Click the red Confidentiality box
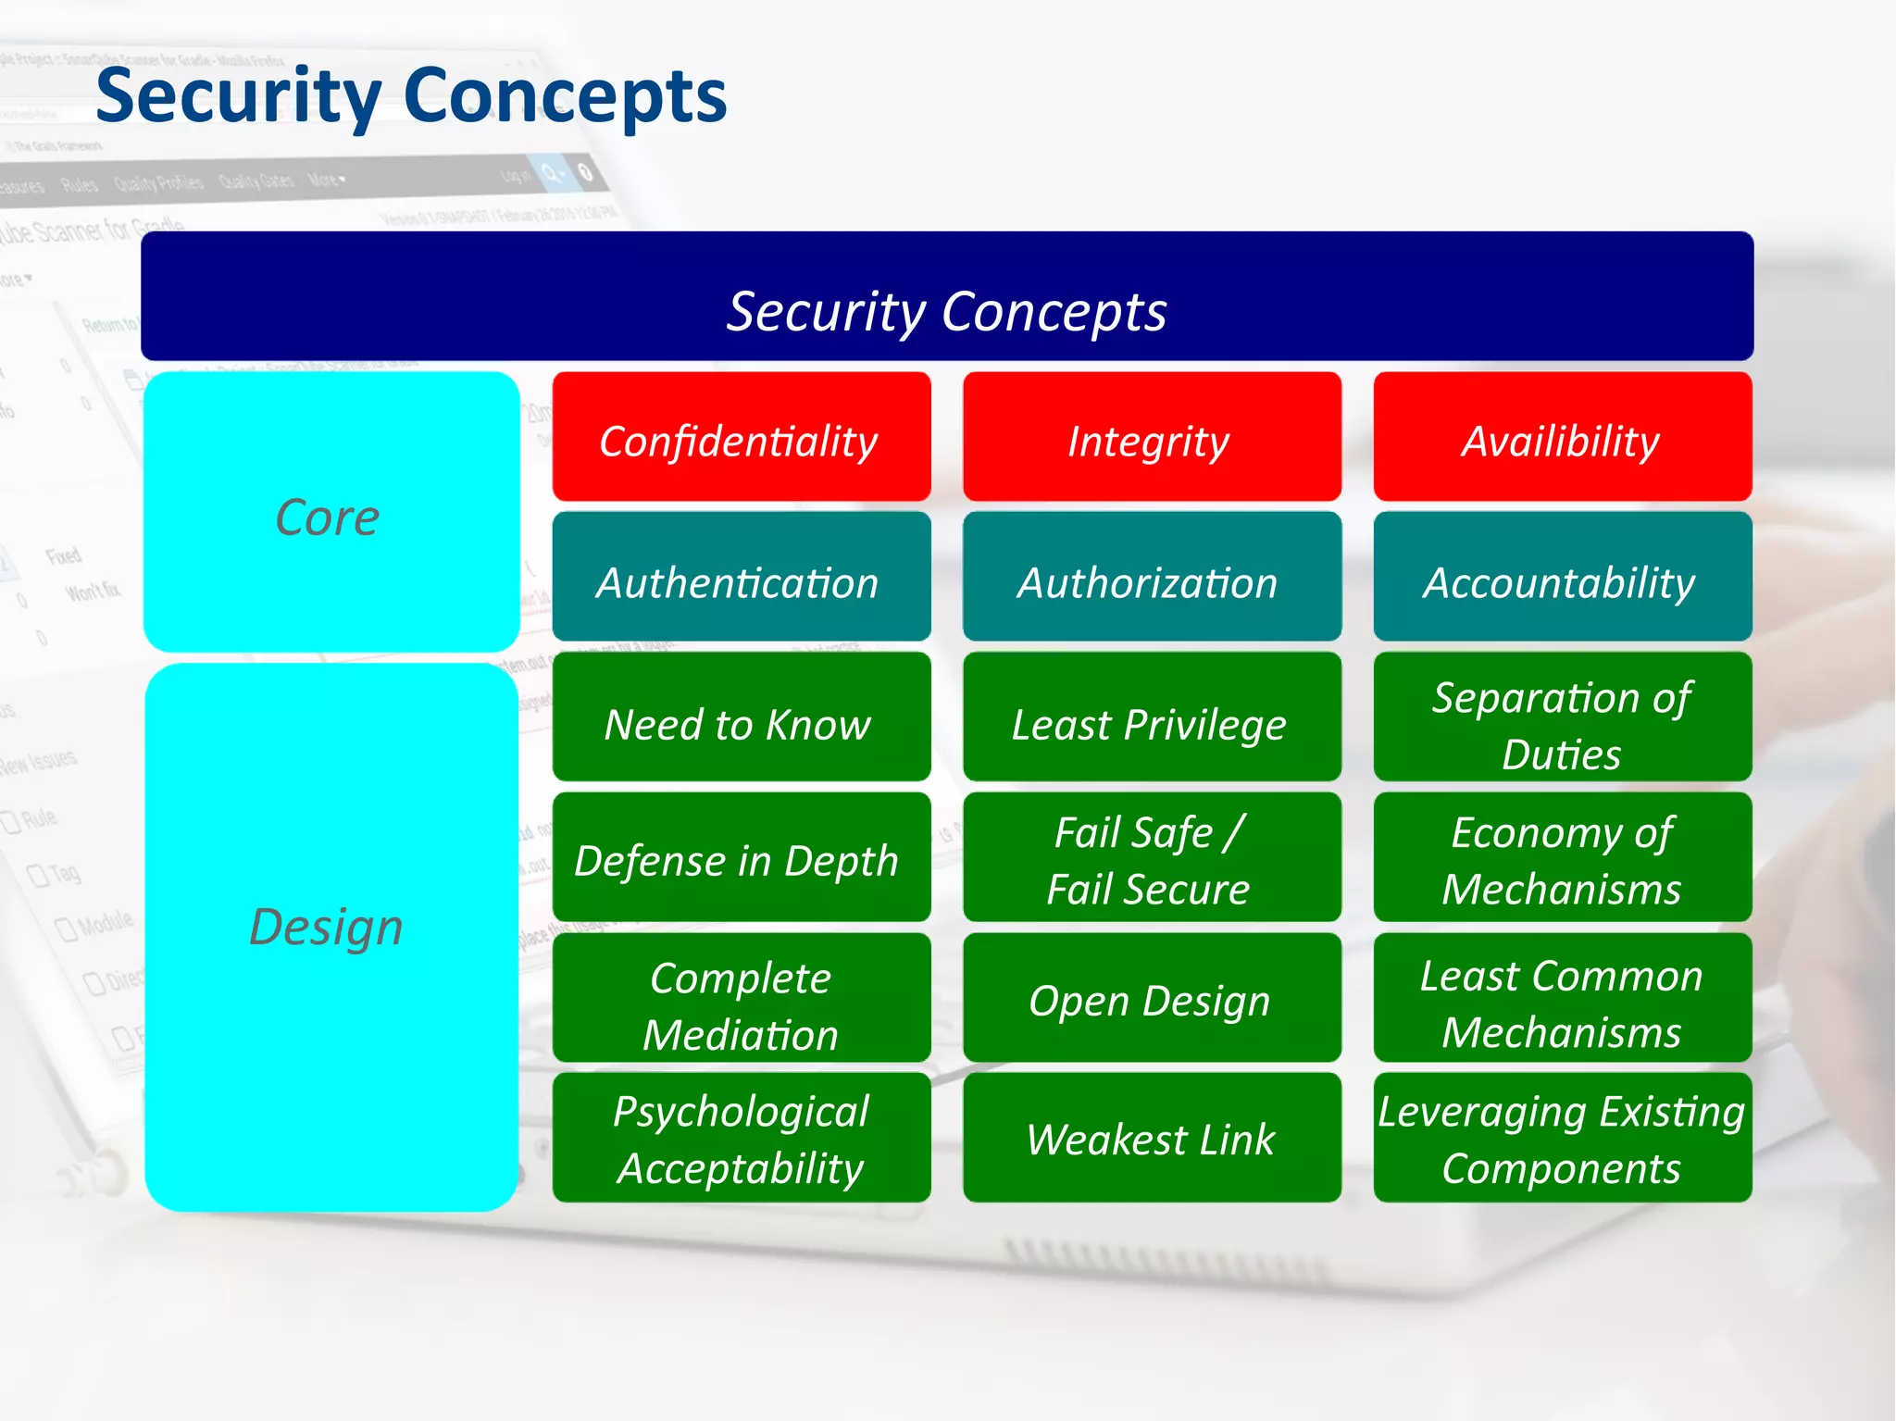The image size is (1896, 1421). coord(741,437)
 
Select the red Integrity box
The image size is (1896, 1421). coord(1152,437)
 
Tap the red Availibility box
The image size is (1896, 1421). coord(1562,437)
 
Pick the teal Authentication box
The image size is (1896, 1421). coord(741,578)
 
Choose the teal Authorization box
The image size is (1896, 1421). coord(1152,578)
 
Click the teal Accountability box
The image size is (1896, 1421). coord(1562,578)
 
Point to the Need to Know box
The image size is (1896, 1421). coord(741,717)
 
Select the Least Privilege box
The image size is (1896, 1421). coord(1152,717)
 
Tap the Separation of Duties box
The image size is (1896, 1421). coord(1562,717)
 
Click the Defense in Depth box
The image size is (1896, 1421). coord(741,857)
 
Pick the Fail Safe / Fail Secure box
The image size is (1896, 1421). coord(1152,857)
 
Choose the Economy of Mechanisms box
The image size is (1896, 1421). coord(1562,857)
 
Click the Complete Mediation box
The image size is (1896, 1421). coord(741,998)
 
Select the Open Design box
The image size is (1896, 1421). coord(1152,998)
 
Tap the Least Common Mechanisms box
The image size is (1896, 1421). coord(1562,998)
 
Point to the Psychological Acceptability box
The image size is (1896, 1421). coord(741,1138)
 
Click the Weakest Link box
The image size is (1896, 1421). coord(1152,1138)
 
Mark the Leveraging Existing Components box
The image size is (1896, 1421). coord(1562,1138)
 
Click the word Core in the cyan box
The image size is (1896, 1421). coord(328,517)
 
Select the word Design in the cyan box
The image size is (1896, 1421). coord(327,927)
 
